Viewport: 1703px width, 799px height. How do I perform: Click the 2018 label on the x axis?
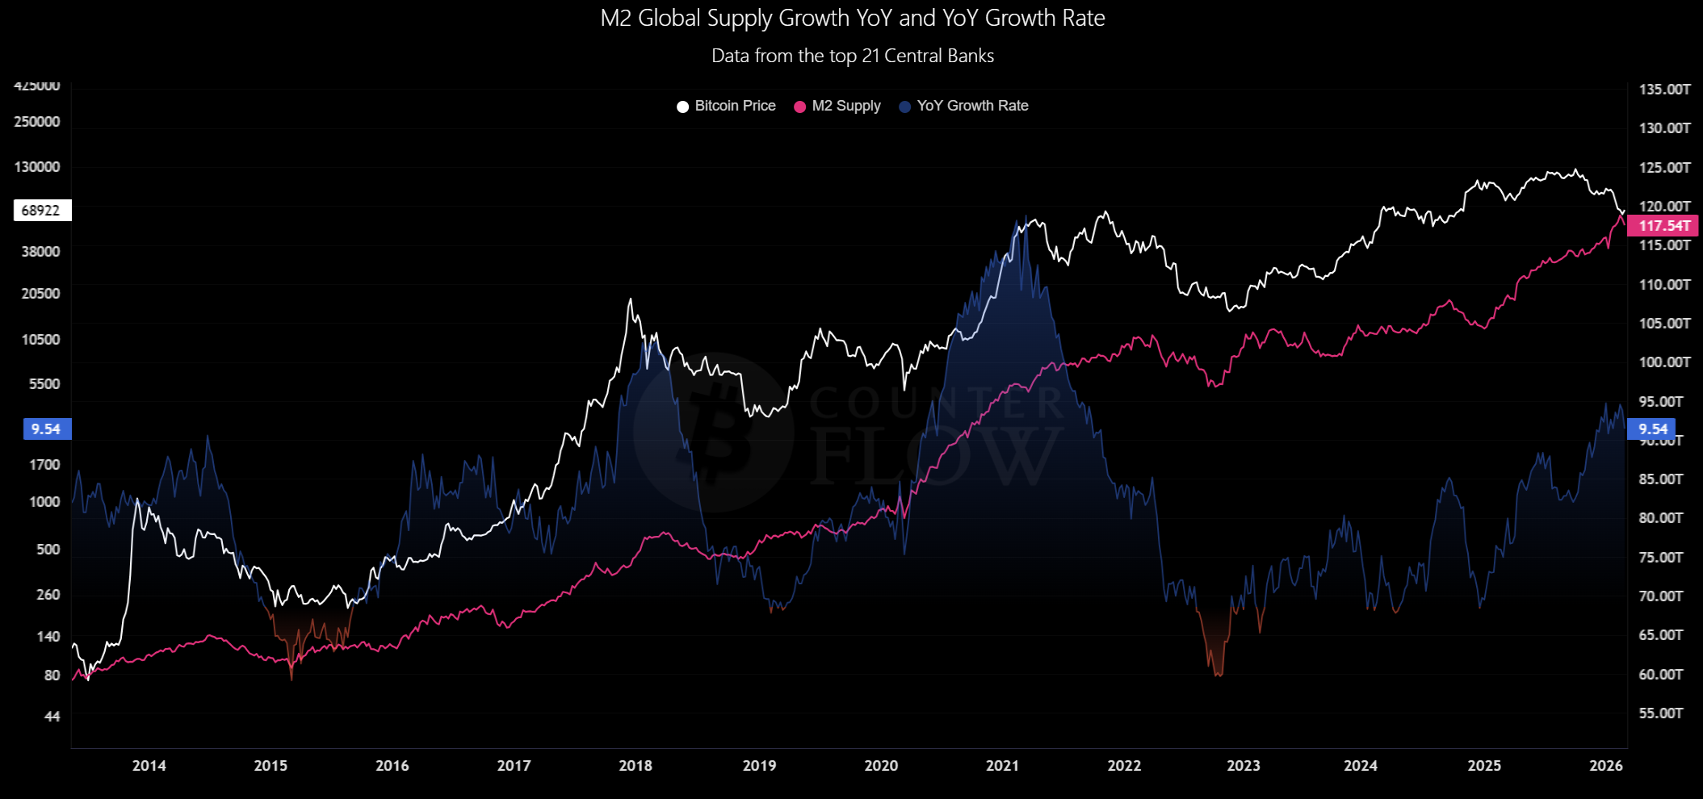pyautogui.click(x=635, y=765)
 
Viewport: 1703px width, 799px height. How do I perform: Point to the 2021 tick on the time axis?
pyautogui.click(x=1002, y=765)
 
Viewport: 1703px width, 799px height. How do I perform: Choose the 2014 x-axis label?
pyautogui.click(x=149, y=765)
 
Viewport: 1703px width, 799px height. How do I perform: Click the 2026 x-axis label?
pyautogui.click(x=1605, y=765)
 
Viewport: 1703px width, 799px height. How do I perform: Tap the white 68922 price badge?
pyautogui.click(x=42, y=211)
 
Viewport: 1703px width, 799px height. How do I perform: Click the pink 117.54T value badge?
pyautogui.click(x=1663, y=226)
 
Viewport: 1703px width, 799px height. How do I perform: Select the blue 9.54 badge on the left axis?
pyautogui.click(x=47, y=429)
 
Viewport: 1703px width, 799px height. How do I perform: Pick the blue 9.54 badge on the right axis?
pyautogui.click(x=1652, y=429)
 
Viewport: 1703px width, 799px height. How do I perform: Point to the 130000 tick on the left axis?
pyautogui.click(x=37, y=167)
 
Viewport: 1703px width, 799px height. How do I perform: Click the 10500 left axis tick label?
pyautogui.click(x=41, y=340)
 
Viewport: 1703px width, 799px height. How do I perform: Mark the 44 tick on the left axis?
pyautogui.click(x=52, y=717)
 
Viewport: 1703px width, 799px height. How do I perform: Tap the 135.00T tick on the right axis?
pyautogui.click(x=1664, y=90)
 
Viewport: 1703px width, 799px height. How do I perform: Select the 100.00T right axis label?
pyautogui.click(x=1664, y=362)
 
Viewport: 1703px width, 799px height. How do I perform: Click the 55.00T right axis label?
pyautogui.click(x=1661, y=713)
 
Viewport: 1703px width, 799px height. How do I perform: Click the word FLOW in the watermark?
pyautogui.click(x=937, y=456)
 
